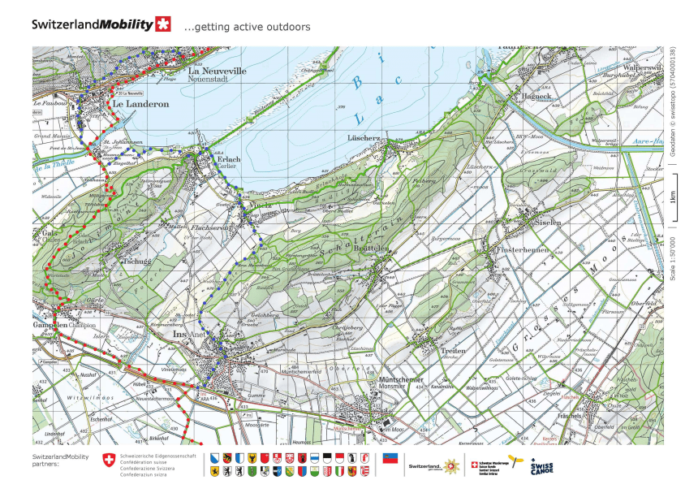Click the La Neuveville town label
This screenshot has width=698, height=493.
point(217,71)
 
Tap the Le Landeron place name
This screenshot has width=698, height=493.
point(140,104)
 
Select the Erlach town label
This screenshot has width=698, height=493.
point(228,159)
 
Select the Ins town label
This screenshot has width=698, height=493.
point(181,333)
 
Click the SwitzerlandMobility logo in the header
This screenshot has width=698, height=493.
point(101,24)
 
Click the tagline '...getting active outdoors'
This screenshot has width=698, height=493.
point(248,27)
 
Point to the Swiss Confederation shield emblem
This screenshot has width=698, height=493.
point(109,461)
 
